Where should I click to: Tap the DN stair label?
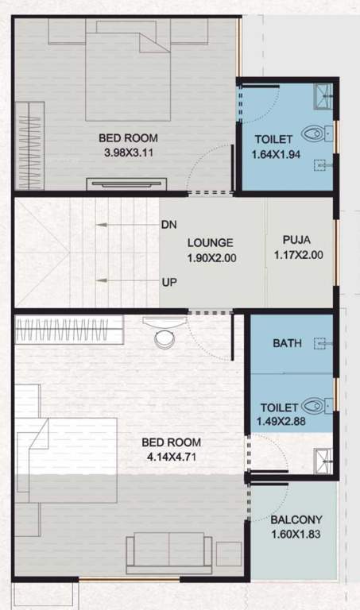click(x=168, y=225)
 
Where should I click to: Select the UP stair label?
click(x=168, y=282)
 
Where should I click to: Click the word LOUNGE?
click(x=211, y=243)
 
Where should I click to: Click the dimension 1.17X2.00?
click(x=296, y=256)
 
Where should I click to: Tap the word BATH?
click(x=286, y=344)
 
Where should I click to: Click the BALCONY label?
click(x=295, y=521)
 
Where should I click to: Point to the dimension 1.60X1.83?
click(x=295, y=535)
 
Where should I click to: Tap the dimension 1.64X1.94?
click(x=276, y=155)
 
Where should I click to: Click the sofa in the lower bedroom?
click(x=169, y=551)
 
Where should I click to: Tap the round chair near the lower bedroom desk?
click(x=165, y=338)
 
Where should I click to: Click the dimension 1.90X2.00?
click(x=212, y=258)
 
